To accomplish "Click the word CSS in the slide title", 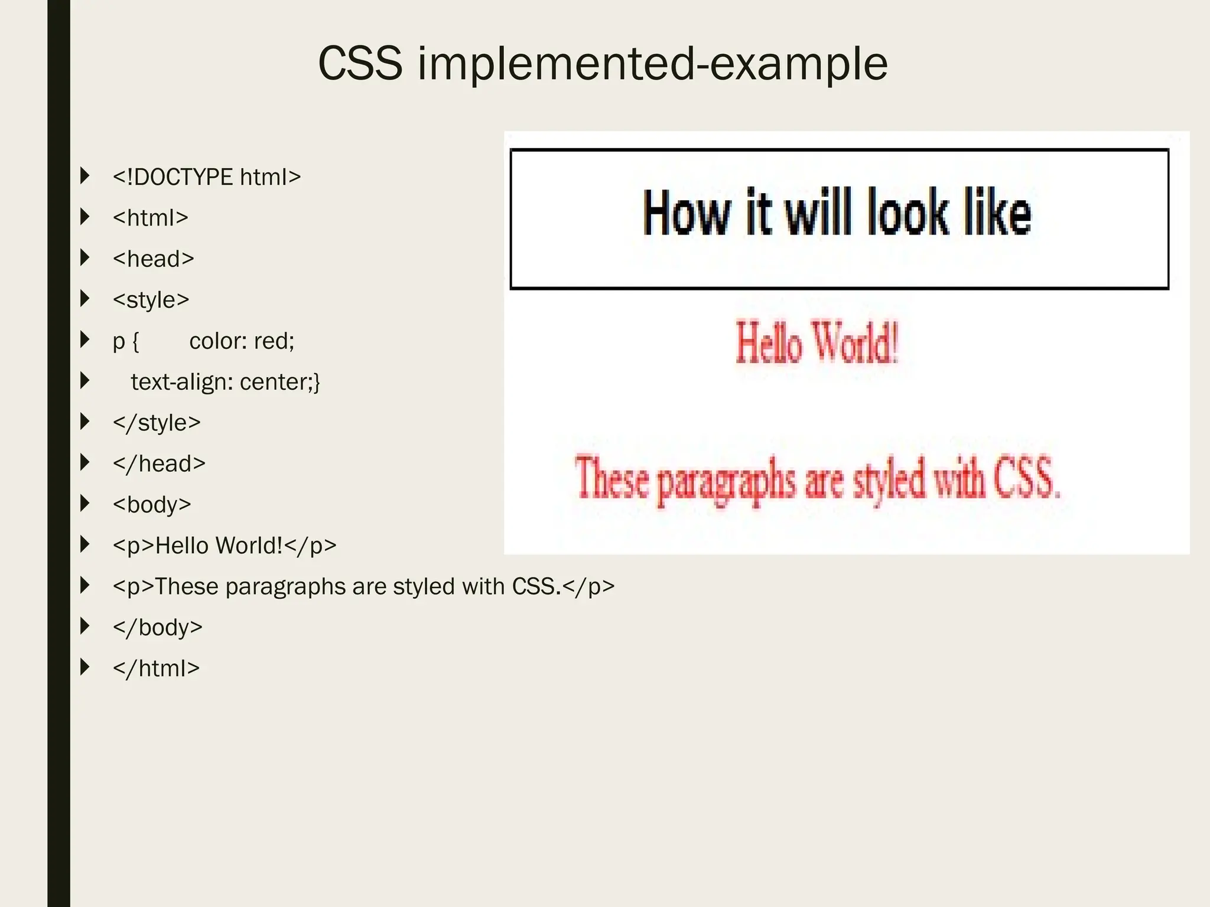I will [x=360, y=64].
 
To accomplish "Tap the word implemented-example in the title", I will [x=652, y=64].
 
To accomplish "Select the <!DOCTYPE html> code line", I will [x=207, y=177].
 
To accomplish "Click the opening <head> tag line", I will [x=153, y=259].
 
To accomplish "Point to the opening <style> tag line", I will [x=151, y=300].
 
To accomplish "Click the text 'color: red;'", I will [x=242, y=341].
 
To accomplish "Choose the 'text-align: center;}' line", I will [x=225, y=382].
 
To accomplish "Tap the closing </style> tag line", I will [x=157, y=423].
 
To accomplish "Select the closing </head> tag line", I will [x=159, y=464].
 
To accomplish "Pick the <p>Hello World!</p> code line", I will [x=225, y=546].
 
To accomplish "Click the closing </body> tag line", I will [x=157, y=627].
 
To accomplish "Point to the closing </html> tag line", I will [x=156, y=668].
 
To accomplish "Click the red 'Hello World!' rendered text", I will [x=817, y=342].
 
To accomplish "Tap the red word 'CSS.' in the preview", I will [x=1027, y=478].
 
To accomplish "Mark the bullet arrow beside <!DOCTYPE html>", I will [x=85, y=176].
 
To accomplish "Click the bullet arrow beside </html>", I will [x=85, y=667].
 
